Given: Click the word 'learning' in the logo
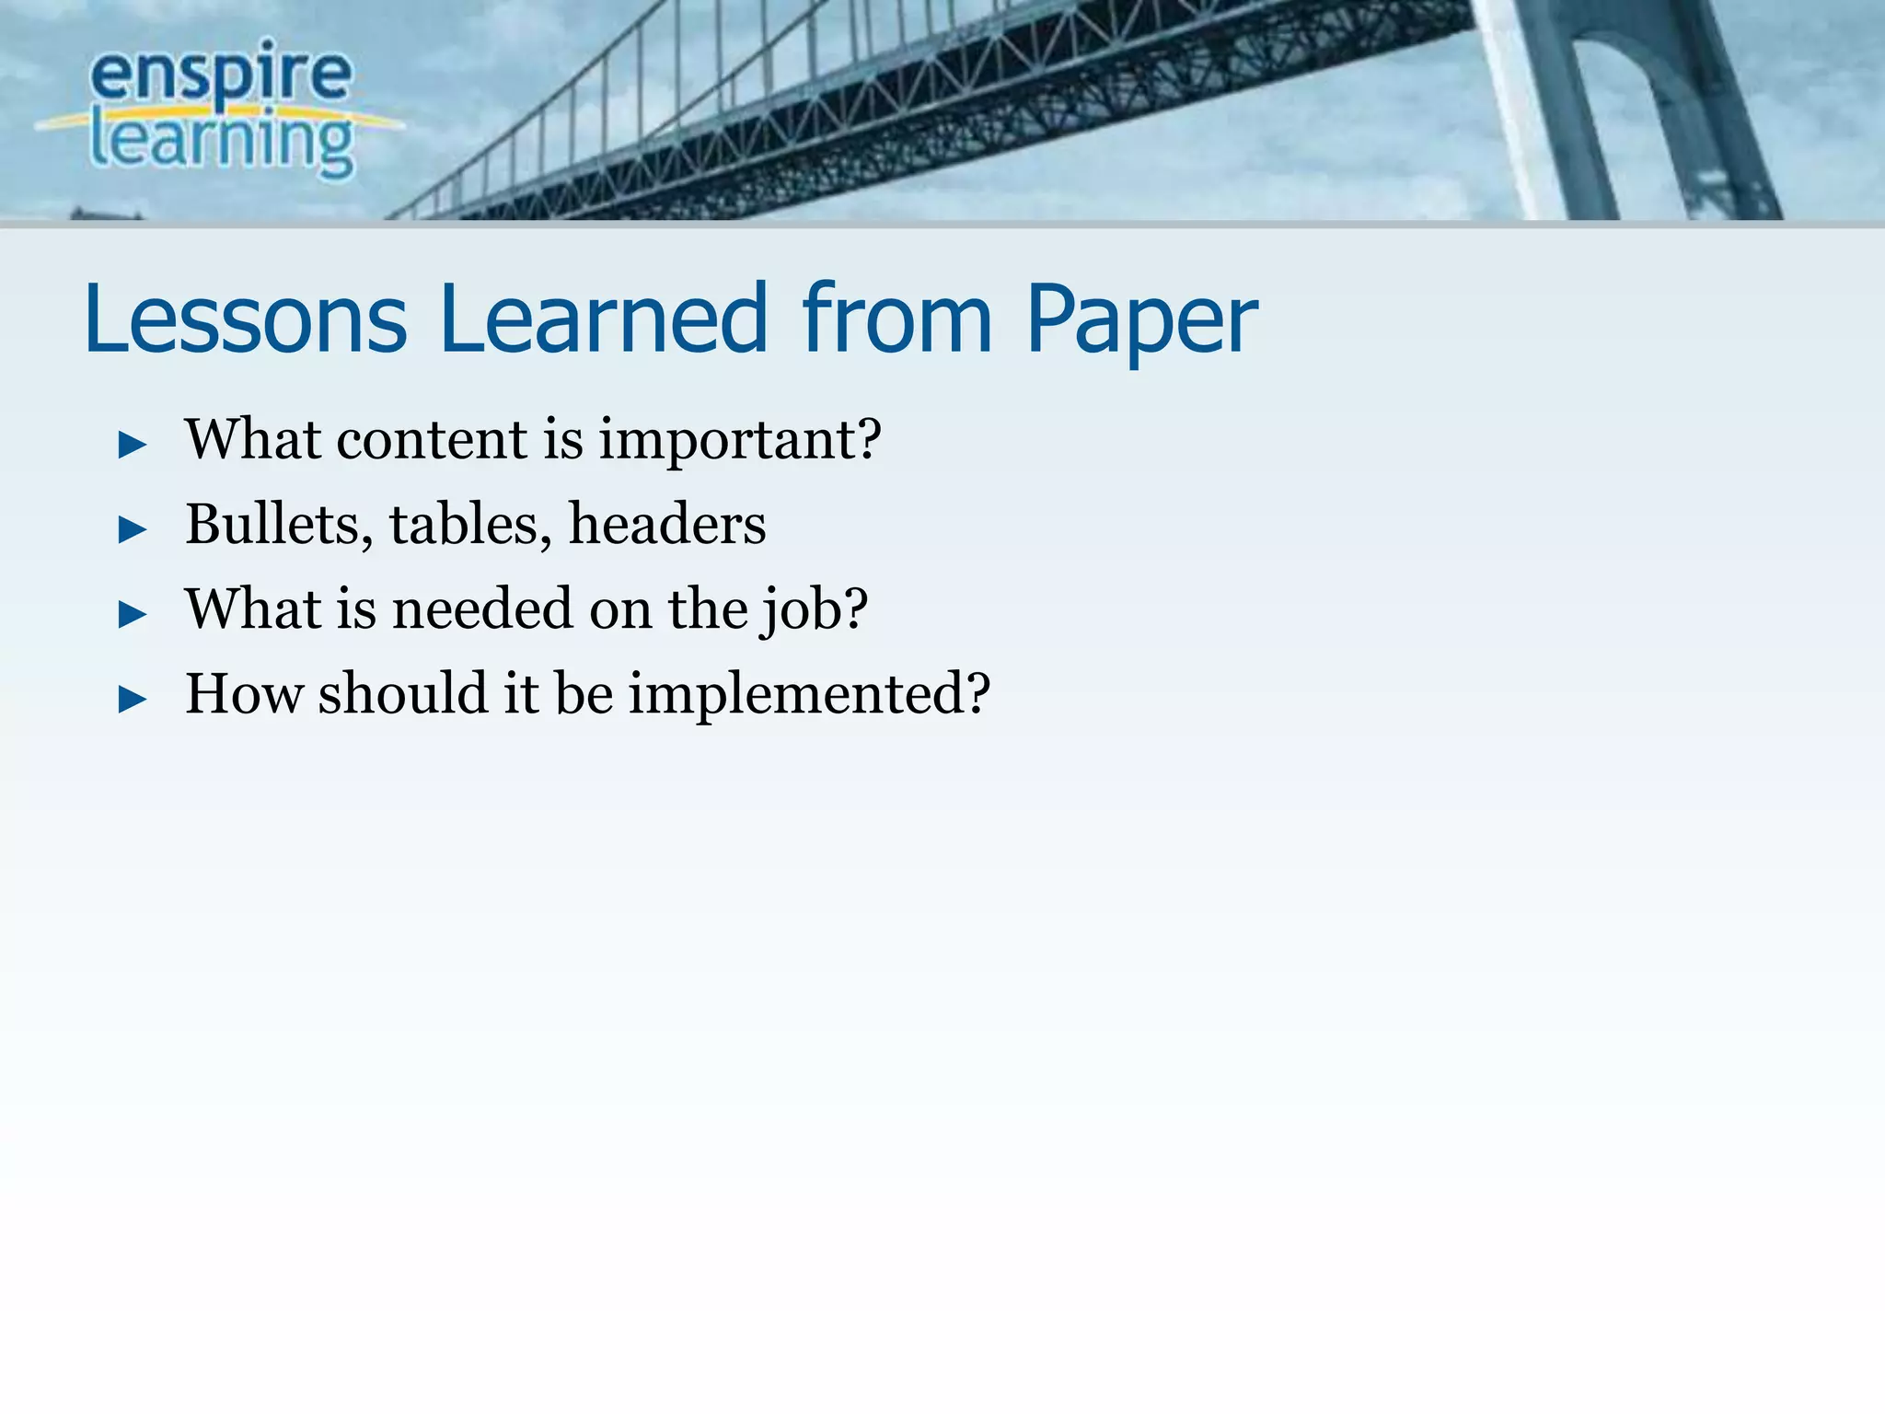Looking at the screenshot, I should pos(221,143).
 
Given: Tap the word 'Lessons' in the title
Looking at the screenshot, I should pos(245,319).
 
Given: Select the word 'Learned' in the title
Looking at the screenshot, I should pos(603,319).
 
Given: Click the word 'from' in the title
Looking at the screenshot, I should pos(896,319).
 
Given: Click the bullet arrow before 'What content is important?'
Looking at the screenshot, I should pos(133,446).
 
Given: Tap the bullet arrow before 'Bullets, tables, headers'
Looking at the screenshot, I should pos(133,530).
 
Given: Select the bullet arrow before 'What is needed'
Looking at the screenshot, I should pos(133,615).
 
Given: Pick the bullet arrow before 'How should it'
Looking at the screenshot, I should pos(133,700).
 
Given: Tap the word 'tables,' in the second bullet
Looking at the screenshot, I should pos(470,525).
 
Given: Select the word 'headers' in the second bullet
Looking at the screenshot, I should pos(667,524).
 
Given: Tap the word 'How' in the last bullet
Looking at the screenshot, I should pos(244,693).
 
